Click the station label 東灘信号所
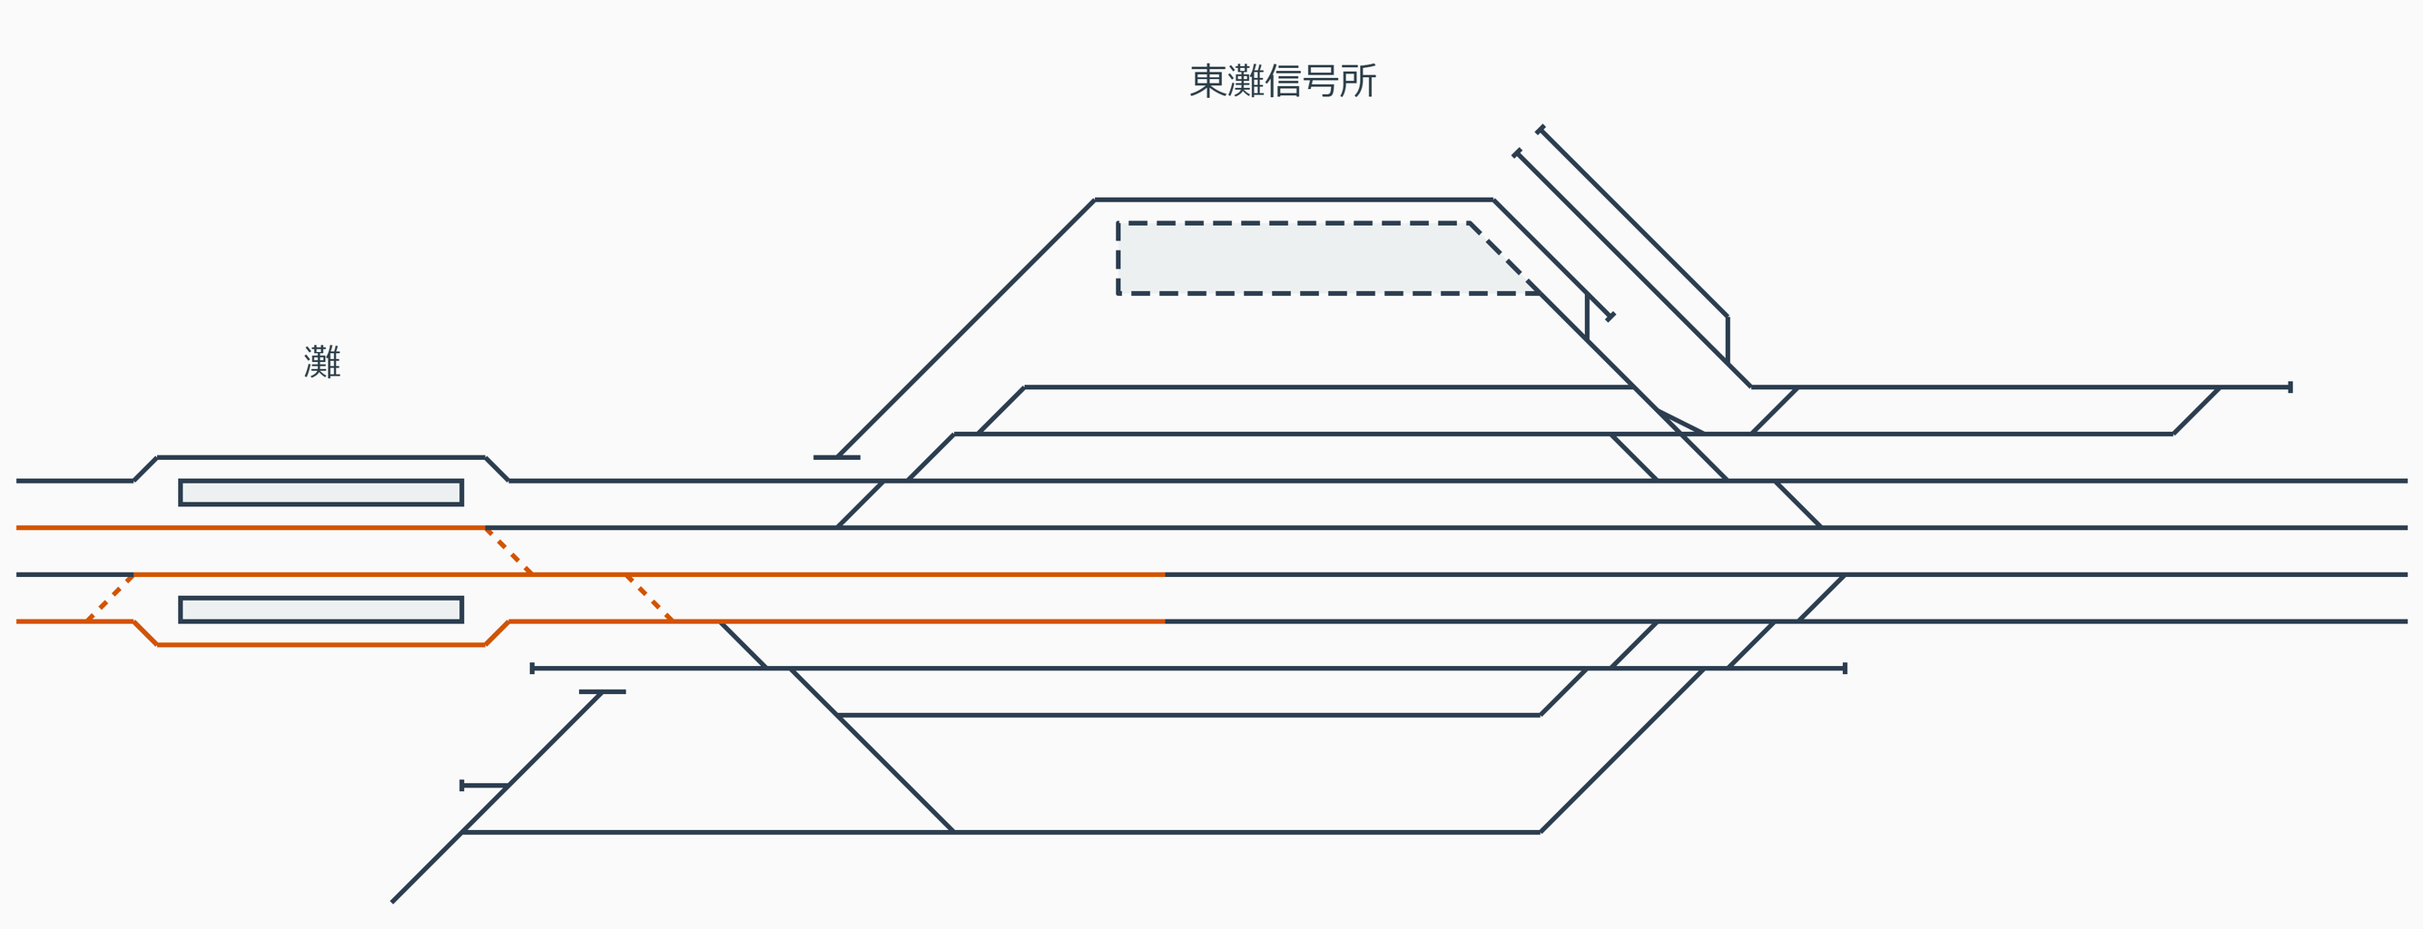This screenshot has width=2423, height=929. point(1283,82)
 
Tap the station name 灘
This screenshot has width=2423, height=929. point(321,362)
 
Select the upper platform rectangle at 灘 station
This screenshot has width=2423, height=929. point(320,493)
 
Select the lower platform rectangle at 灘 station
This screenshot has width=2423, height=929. point(320,610)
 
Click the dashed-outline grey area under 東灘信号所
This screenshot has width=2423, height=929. point(1307,259)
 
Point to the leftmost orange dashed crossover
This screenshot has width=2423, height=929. point(111,597)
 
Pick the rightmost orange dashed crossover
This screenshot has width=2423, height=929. point(649,597)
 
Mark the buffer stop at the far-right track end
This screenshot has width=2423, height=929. point(2290,386)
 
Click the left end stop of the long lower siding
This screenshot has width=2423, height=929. point(532,668)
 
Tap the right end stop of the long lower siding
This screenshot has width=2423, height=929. point(1845,668)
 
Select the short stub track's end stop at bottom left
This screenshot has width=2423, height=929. point(462,785)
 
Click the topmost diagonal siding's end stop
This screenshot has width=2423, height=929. point(1540,129)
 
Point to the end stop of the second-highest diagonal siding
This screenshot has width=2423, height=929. point(1516,152)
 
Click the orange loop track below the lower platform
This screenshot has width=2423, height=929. point(320,644)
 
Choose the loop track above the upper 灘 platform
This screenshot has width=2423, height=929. point(320,457)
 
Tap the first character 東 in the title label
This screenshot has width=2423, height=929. point(1208,82)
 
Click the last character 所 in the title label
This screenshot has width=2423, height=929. point(1358,82)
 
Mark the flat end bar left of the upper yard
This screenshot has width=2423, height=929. point(836,457)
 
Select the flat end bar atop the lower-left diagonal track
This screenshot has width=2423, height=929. point(602,691)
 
